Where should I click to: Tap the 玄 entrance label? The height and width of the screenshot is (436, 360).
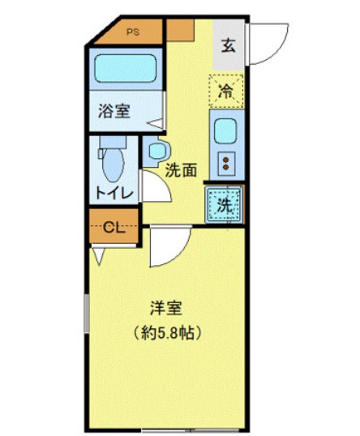click(x=229, y=45)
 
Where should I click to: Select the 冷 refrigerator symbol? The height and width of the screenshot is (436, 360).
click(x=226, y=91)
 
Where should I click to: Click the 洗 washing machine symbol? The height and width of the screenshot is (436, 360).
click(x=225, y=205)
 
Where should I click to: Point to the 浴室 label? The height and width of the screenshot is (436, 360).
click(x=114, y=112)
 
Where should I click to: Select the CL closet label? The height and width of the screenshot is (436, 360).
click(x=113, y=228)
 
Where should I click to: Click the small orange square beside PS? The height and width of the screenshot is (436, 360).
click(x=180, y=31)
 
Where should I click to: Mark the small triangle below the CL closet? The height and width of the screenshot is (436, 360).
click(x=97, y=257)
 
